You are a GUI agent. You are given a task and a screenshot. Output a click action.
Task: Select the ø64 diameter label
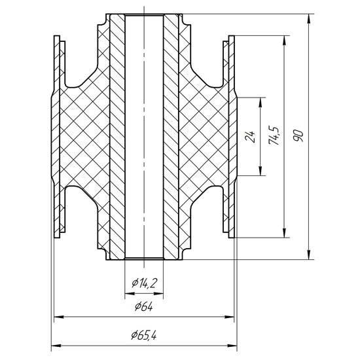pos(144,306)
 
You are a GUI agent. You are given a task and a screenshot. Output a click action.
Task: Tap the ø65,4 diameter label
pos(144,336)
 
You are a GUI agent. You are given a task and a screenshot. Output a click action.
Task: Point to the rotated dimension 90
pos(298,135)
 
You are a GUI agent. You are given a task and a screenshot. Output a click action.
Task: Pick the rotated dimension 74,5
pos(274,135)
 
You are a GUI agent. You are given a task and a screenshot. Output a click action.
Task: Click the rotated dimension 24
pos(250,137)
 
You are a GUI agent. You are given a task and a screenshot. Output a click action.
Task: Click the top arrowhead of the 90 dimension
pos(310,18)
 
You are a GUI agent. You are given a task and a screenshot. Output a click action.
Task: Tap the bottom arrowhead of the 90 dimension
pos(310,255)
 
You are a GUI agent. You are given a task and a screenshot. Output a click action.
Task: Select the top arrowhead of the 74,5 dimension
pos(285,40)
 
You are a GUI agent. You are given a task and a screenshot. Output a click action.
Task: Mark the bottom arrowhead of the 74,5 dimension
pos(285,233)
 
